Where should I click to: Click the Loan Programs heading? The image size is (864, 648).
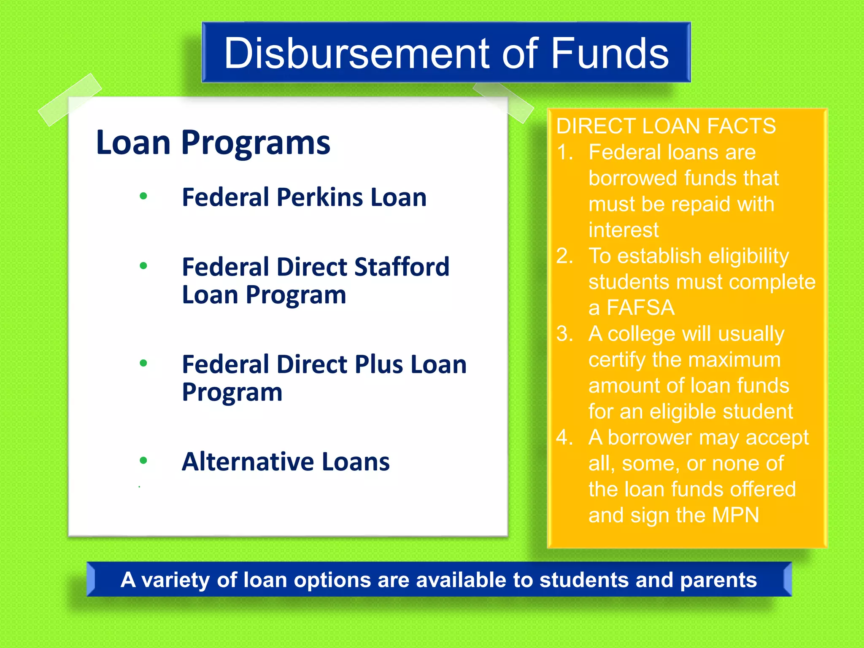[x=213, y=143]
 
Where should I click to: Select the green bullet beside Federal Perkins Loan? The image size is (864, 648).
[x=143, y=196]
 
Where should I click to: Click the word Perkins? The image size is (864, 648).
[x=319, y=197]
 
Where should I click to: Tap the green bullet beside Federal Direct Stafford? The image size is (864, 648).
[x=143, y=266]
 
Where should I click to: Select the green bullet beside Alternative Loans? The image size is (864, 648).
[x=143, y=460]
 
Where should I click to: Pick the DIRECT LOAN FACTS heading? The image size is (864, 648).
[x=666, y=126]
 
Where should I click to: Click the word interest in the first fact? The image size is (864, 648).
[x=623, y=230]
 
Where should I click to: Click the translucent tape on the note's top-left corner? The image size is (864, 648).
[x=70, y=100]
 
